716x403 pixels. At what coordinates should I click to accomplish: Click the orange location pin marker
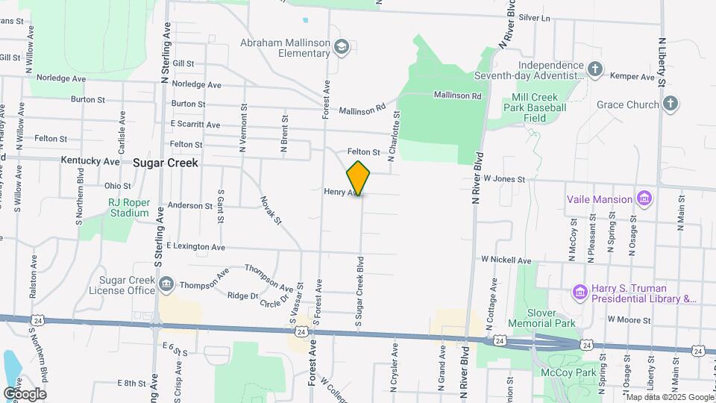[359, 178]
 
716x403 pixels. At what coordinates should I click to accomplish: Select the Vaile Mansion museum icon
[645, 199]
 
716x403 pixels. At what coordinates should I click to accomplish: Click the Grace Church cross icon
[671, 104]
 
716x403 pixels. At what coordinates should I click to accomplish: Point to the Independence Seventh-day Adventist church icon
[594, 70]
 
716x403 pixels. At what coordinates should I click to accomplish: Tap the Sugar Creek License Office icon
[165, 284]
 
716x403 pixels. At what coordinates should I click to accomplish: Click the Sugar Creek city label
[166, 162]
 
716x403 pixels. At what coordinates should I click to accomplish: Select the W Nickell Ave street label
[506, 260]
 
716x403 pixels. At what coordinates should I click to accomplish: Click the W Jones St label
[504, 179]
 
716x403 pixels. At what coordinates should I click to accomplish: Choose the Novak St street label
[271, 210]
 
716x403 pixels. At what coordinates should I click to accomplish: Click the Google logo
[25, 393]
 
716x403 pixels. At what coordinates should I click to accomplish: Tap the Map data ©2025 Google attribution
[669, 397]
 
